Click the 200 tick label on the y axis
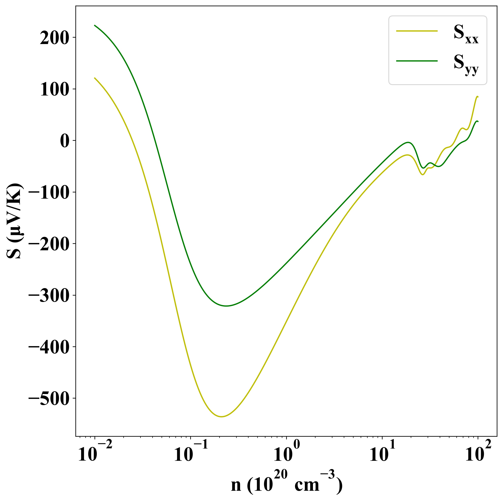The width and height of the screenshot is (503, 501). point(54,38)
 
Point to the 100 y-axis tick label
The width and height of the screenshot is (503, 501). point(54,89)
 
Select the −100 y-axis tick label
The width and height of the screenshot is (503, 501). point(49,193)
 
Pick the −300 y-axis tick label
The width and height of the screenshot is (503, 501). point(49,296)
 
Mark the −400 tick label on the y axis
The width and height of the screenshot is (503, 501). point(49,347)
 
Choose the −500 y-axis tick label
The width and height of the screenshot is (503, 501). point(49,399)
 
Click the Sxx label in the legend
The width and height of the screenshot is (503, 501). point(466,34)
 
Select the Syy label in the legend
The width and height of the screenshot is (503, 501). point(466,64)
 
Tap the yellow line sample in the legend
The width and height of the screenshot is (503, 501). point(417,31)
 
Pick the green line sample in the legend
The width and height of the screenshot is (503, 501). point(417,61)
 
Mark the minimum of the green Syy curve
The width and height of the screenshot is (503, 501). point(226,306)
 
